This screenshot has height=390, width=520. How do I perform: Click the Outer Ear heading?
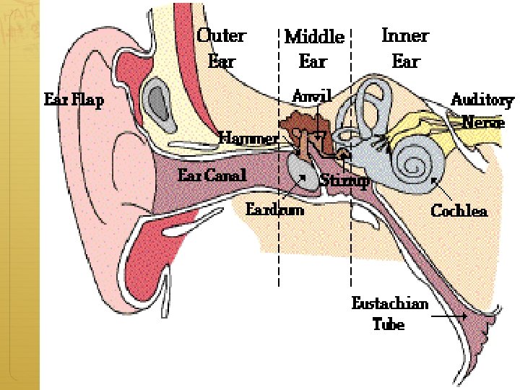221,47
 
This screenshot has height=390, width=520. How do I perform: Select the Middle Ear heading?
313,48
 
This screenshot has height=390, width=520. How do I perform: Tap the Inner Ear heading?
404,47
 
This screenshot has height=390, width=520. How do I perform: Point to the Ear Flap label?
74,100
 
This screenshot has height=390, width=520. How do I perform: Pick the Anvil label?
312,96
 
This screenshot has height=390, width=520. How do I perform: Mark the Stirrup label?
344,180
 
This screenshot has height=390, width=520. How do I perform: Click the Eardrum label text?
274,209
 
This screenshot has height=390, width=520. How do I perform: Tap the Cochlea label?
459,210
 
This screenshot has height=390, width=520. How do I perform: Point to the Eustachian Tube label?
389,313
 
